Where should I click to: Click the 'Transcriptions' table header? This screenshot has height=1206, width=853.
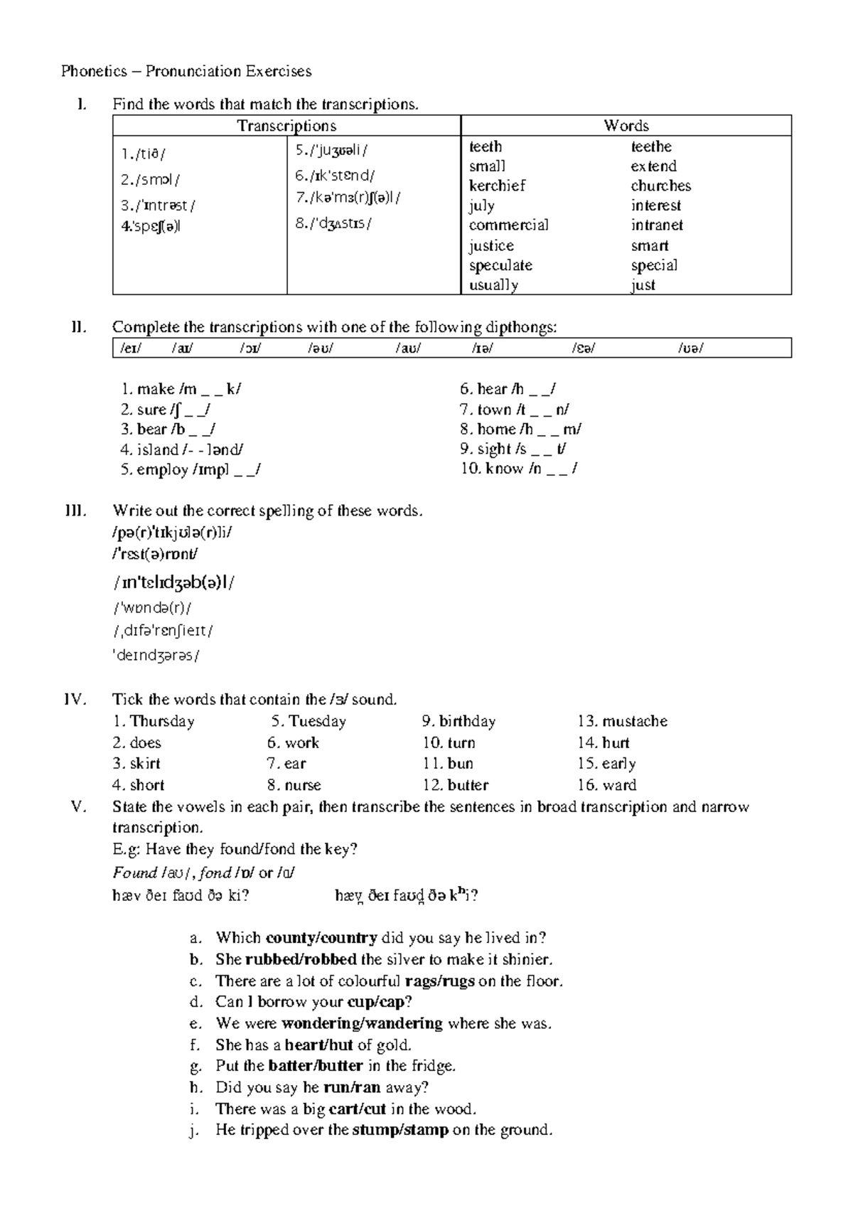[x=286, y=126]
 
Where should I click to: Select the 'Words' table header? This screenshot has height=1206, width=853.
[x=626, y=126]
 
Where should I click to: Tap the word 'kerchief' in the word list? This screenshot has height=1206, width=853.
[x=497, y=186]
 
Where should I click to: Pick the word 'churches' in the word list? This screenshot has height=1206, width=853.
[x=660, y=186]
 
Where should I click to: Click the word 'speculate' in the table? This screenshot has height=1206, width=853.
[x=500, y=265]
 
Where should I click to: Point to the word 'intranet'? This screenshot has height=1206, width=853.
[x=657, y=225]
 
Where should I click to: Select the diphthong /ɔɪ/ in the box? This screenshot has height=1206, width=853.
[x=250, y=348]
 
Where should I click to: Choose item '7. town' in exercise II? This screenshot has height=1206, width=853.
[x=514, y=410]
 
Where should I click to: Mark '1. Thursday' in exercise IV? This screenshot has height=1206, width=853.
[x=154, y=721]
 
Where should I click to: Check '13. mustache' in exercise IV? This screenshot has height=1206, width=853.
[x=623, y=721]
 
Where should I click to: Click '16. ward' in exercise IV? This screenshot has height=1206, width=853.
[x=607, y=785]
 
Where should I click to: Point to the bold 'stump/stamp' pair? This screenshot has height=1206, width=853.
[x=400, y=1130]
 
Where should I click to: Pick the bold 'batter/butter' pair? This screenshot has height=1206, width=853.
[x=316, y=1066]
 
